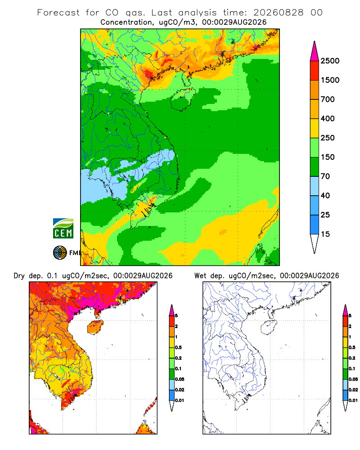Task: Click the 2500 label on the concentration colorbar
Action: coord(330,61)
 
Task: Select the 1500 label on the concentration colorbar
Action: coord(330,80)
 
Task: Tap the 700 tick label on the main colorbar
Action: coord(328,99)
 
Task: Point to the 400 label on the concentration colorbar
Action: coord(328,118)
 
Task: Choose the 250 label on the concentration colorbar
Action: coord(328,138)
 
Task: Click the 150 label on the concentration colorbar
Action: coord(328,157)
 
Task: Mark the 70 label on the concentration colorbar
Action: coord(325,176)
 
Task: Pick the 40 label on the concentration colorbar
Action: coord(325,195)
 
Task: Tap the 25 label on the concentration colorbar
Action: coord(325,215)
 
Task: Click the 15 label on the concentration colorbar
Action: coord(325,234)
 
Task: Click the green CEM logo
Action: coord(63,229)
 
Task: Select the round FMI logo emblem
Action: coord(60,252)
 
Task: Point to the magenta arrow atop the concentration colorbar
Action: coord(315,52)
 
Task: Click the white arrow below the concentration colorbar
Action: coord(315,243)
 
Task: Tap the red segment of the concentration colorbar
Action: coord(315,71)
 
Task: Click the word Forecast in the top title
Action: coord(58,13)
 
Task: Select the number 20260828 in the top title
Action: coord(278,13)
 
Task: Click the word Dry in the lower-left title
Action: coord(19,276)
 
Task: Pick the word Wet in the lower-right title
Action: coord(200,276)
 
